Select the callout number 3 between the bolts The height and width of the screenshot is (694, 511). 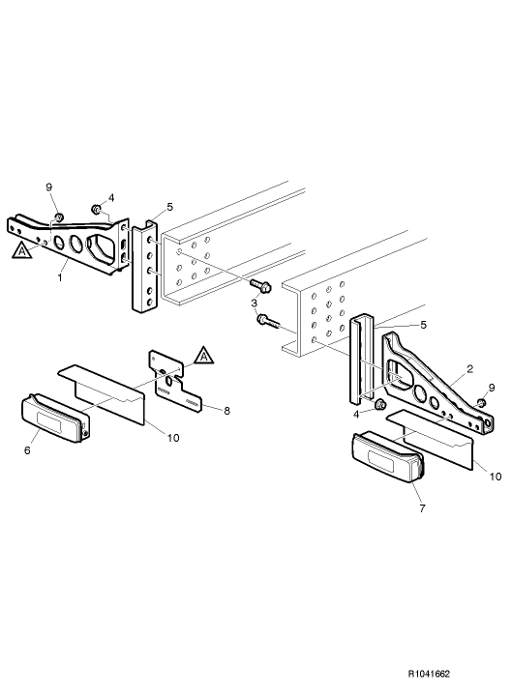[x=254, y=304]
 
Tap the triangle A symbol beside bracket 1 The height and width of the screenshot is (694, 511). [x=20, y=251]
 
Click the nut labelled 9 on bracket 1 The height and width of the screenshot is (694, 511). [x=59, y=217]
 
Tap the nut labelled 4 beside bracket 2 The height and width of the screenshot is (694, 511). [x=379, y=403]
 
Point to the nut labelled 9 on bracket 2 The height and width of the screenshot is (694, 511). [x=482, y=401]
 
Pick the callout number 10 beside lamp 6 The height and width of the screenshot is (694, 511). [x=171, y=438]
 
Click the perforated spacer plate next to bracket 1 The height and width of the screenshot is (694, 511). [x=145, y=266]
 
